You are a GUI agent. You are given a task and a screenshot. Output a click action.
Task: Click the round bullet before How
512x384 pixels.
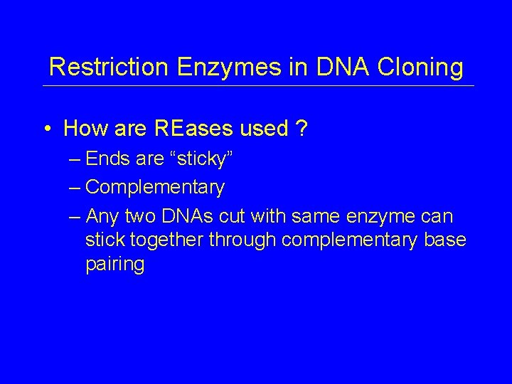46,129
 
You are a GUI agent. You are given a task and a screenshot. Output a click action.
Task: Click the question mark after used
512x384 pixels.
302,129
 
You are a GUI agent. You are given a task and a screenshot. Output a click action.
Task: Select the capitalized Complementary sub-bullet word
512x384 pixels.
155,188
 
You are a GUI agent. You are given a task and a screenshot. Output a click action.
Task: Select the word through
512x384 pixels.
242,240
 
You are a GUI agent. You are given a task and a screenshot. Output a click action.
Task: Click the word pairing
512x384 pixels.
114,265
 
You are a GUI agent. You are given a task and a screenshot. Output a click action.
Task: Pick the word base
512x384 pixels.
445,240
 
